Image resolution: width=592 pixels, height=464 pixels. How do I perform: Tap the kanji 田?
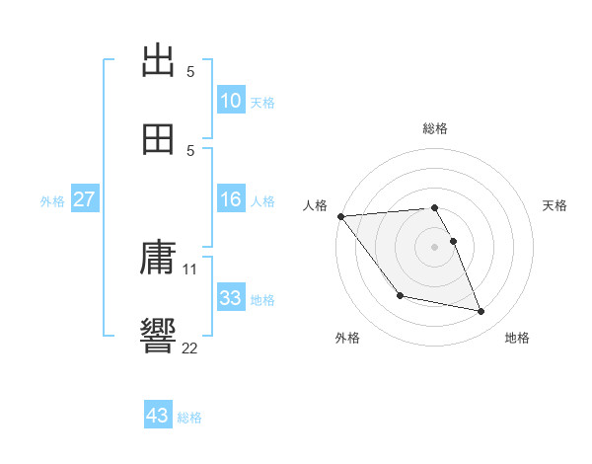(x=159, y=138)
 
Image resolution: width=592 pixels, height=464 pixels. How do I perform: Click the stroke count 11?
(x=190, y=269)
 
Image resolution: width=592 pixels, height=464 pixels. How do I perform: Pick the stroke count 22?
(x=190, y=348)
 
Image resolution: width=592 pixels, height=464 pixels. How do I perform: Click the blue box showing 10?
(x=231, y=101)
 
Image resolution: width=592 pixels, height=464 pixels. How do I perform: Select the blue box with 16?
(x=231, y=199)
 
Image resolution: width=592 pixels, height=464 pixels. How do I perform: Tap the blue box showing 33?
(x=231, y=298)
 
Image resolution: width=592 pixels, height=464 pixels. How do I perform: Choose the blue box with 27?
(x=85, y=199)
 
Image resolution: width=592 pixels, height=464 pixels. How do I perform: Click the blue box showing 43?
(x=158, y=416)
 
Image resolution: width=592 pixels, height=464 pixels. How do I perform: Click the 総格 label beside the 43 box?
(x=189, y=418)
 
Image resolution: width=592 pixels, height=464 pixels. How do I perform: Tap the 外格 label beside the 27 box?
(x=52, y=201)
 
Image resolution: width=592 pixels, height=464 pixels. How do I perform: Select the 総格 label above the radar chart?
(x=435, y=127)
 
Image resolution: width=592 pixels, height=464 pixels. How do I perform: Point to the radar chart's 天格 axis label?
(x=555, y=205)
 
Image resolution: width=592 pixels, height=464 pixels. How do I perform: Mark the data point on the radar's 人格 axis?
(x=340, y=216)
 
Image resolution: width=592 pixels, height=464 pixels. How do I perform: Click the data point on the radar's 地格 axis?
(x=481, y=312)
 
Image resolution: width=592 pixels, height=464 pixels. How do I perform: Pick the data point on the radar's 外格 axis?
(x=400, y=295)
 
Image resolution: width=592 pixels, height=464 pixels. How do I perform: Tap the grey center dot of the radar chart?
(x=435, y=247)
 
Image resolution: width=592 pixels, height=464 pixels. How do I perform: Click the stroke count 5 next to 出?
(x=190, y=71)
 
